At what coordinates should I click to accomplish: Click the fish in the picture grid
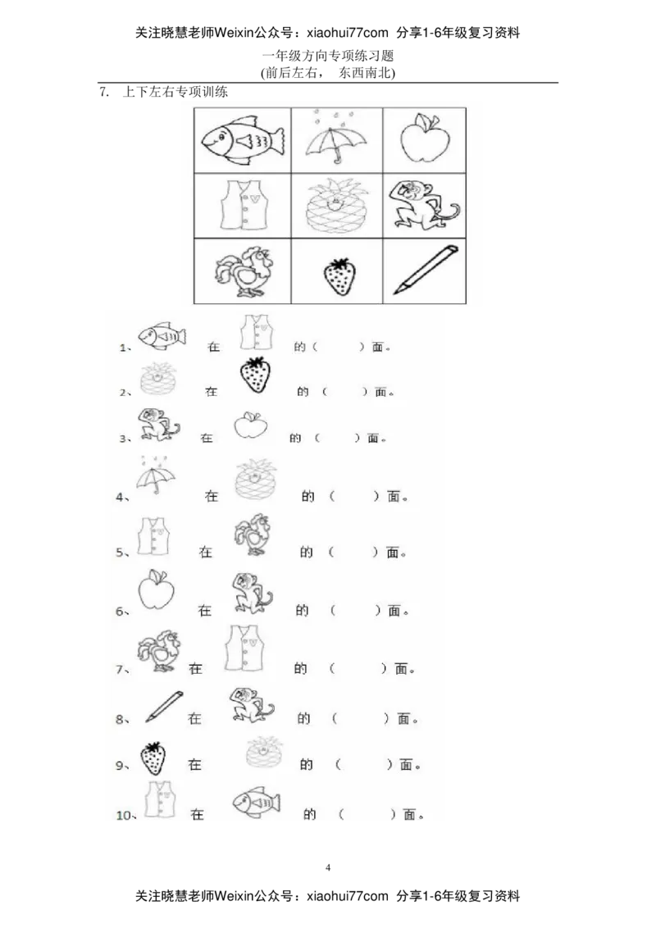[x=243, y=140]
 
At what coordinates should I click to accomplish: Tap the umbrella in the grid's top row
[x=335, y=137]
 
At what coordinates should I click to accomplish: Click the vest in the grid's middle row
[x=244, y=205]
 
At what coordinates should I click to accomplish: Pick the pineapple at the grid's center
[x=337, y=206]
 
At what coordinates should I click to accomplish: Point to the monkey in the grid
[x=423, y=207]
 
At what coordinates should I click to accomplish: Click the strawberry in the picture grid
[x=339, y=276]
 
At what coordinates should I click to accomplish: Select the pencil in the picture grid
[x=425, y=269]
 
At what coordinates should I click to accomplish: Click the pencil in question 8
[x=164, y=707]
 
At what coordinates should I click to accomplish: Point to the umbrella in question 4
[x=156, y=475]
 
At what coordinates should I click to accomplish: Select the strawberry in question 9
[x=153, y=758]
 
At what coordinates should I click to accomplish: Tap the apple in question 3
[x=250, y=425]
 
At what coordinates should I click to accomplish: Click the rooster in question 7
[x=159, y=651]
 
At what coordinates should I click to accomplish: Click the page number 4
[x=328, y=867]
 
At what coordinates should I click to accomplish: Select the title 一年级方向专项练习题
[x=328, y=57]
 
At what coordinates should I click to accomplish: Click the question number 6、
[x=122, y=612]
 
